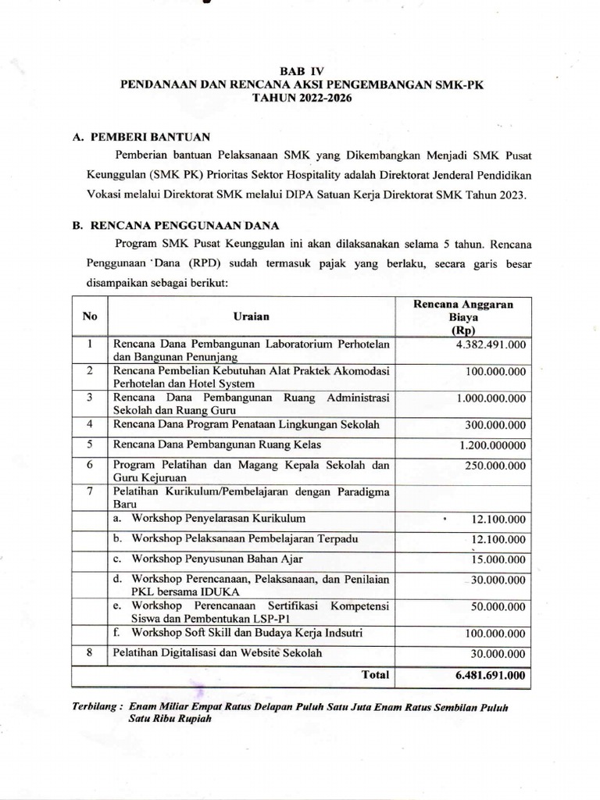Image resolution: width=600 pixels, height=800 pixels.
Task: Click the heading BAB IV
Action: pos(300,70)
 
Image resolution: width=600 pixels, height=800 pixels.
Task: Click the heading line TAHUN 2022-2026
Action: pos(300,98)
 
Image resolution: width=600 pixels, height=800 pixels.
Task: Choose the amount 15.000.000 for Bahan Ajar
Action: pos(499,559)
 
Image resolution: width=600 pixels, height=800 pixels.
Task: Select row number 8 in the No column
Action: pos(90,652)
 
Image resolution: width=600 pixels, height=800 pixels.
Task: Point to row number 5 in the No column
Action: pos(90,444)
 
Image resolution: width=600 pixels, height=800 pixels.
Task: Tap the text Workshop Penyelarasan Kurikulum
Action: pos(219,519)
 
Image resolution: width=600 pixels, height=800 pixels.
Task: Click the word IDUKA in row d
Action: pos(198,592)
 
